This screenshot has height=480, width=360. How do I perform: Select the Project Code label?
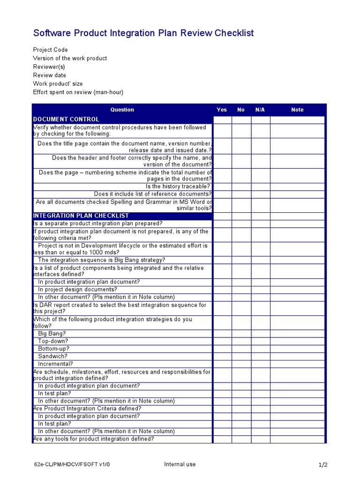[50, 50]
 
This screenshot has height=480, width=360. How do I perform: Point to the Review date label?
[49, 75]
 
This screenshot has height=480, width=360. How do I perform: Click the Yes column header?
[222, 110]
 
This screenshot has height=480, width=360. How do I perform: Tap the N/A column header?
[260, 110]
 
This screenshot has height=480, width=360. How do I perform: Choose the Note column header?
[297, 110]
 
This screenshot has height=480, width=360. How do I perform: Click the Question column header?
[122, 110]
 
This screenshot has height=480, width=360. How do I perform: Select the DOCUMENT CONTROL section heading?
[66, 120]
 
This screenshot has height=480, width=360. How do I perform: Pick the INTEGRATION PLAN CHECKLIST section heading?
[81, 216]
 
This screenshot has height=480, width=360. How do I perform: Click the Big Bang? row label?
[52, 334]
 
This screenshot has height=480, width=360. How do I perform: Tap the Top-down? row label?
[53, 341]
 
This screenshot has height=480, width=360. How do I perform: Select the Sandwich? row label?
[52, 356]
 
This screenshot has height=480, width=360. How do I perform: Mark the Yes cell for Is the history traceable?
[222, 187]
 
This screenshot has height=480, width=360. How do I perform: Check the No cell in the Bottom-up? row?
[241, 349]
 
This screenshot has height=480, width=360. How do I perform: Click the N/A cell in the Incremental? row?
[261, 364]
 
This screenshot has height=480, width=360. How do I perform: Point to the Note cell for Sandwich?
[297, 356]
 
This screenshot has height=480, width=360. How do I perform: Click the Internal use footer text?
[180, 465]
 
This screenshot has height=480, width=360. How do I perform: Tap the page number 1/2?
[323, 465]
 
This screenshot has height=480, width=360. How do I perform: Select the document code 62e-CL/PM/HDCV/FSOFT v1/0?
[72, 465]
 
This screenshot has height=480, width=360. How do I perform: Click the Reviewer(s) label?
[49, 67]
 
